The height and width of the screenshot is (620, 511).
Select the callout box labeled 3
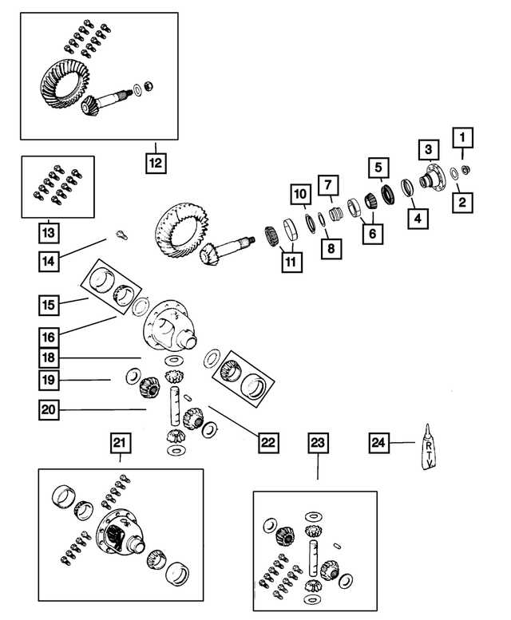click(428, 149)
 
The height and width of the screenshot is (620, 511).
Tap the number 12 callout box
click(155, 164)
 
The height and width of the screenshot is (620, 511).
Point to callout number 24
click(379, 441)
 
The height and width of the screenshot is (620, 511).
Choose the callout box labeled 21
click(120, 443)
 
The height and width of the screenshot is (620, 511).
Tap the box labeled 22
click(268, 439)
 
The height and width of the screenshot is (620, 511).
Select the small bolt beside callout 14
click(121, 234)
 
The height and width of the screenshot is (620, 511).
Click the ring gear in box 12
click(64, 83)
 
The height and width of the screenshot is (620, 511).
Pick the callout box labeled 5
click(378, 168)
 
